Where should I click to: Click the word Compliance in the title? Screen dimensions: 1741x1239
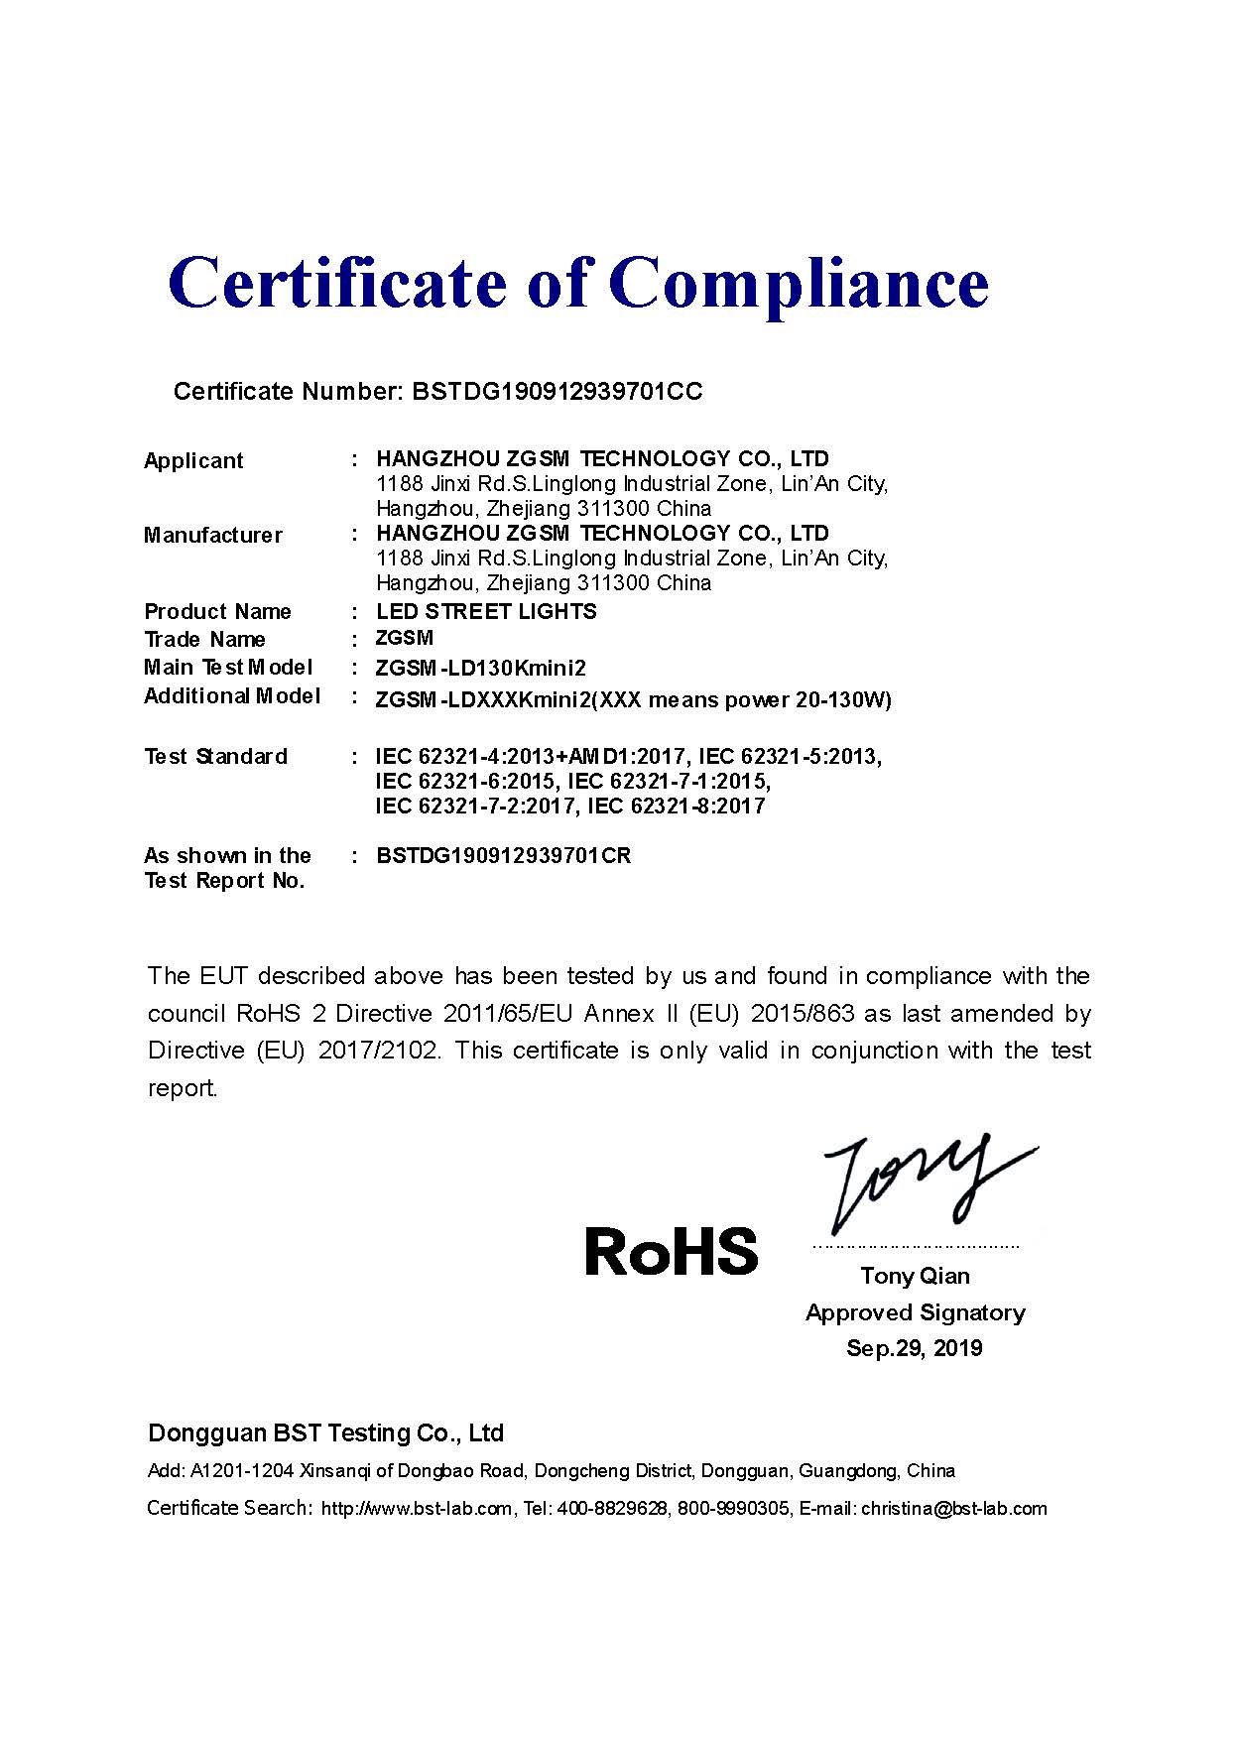[x=804, y=285]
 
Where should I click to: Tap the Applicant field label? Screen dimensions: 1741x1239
[x=193, y=461]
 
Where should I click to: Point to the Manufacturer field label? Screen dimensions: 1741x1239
[x=212, y=536]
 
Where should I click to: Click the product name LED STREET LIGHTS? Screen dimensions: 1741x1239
[x=486, y=612]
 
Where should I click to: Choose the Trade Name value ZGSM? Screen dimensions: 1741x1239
[x=405, y=638]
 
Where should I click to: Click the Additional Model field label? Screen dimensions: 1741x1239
[x=231, y=696]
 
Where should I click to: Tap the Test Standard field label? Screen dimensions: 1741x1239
[x=215, y=757]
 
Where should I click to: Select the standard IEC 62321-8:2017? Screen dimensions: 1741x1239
[x=677, y=807]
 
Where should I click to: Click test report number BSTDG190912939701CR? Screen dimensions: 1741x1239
[x=504, y=856]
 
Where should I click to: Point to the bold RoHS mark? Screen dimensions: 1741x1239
[x=671, y=1252]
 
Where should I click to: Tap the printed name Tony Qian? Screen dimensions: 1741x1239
[x=915, y=1276]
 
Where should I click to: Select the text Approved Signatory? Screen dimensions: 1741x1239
[x=915, y=1313]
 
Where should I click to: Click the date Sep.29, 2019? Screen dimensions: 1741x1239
[x=914, y=1349]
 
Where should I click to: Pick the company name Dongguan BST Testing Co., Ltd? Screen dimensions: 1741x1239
[x=325, y=1433]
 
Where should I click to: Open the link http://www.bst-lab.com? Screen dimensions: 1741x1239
[x=417, y=1509]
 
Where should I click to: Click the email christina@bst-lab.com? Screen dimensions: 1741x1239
[x=953, y=1509]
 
